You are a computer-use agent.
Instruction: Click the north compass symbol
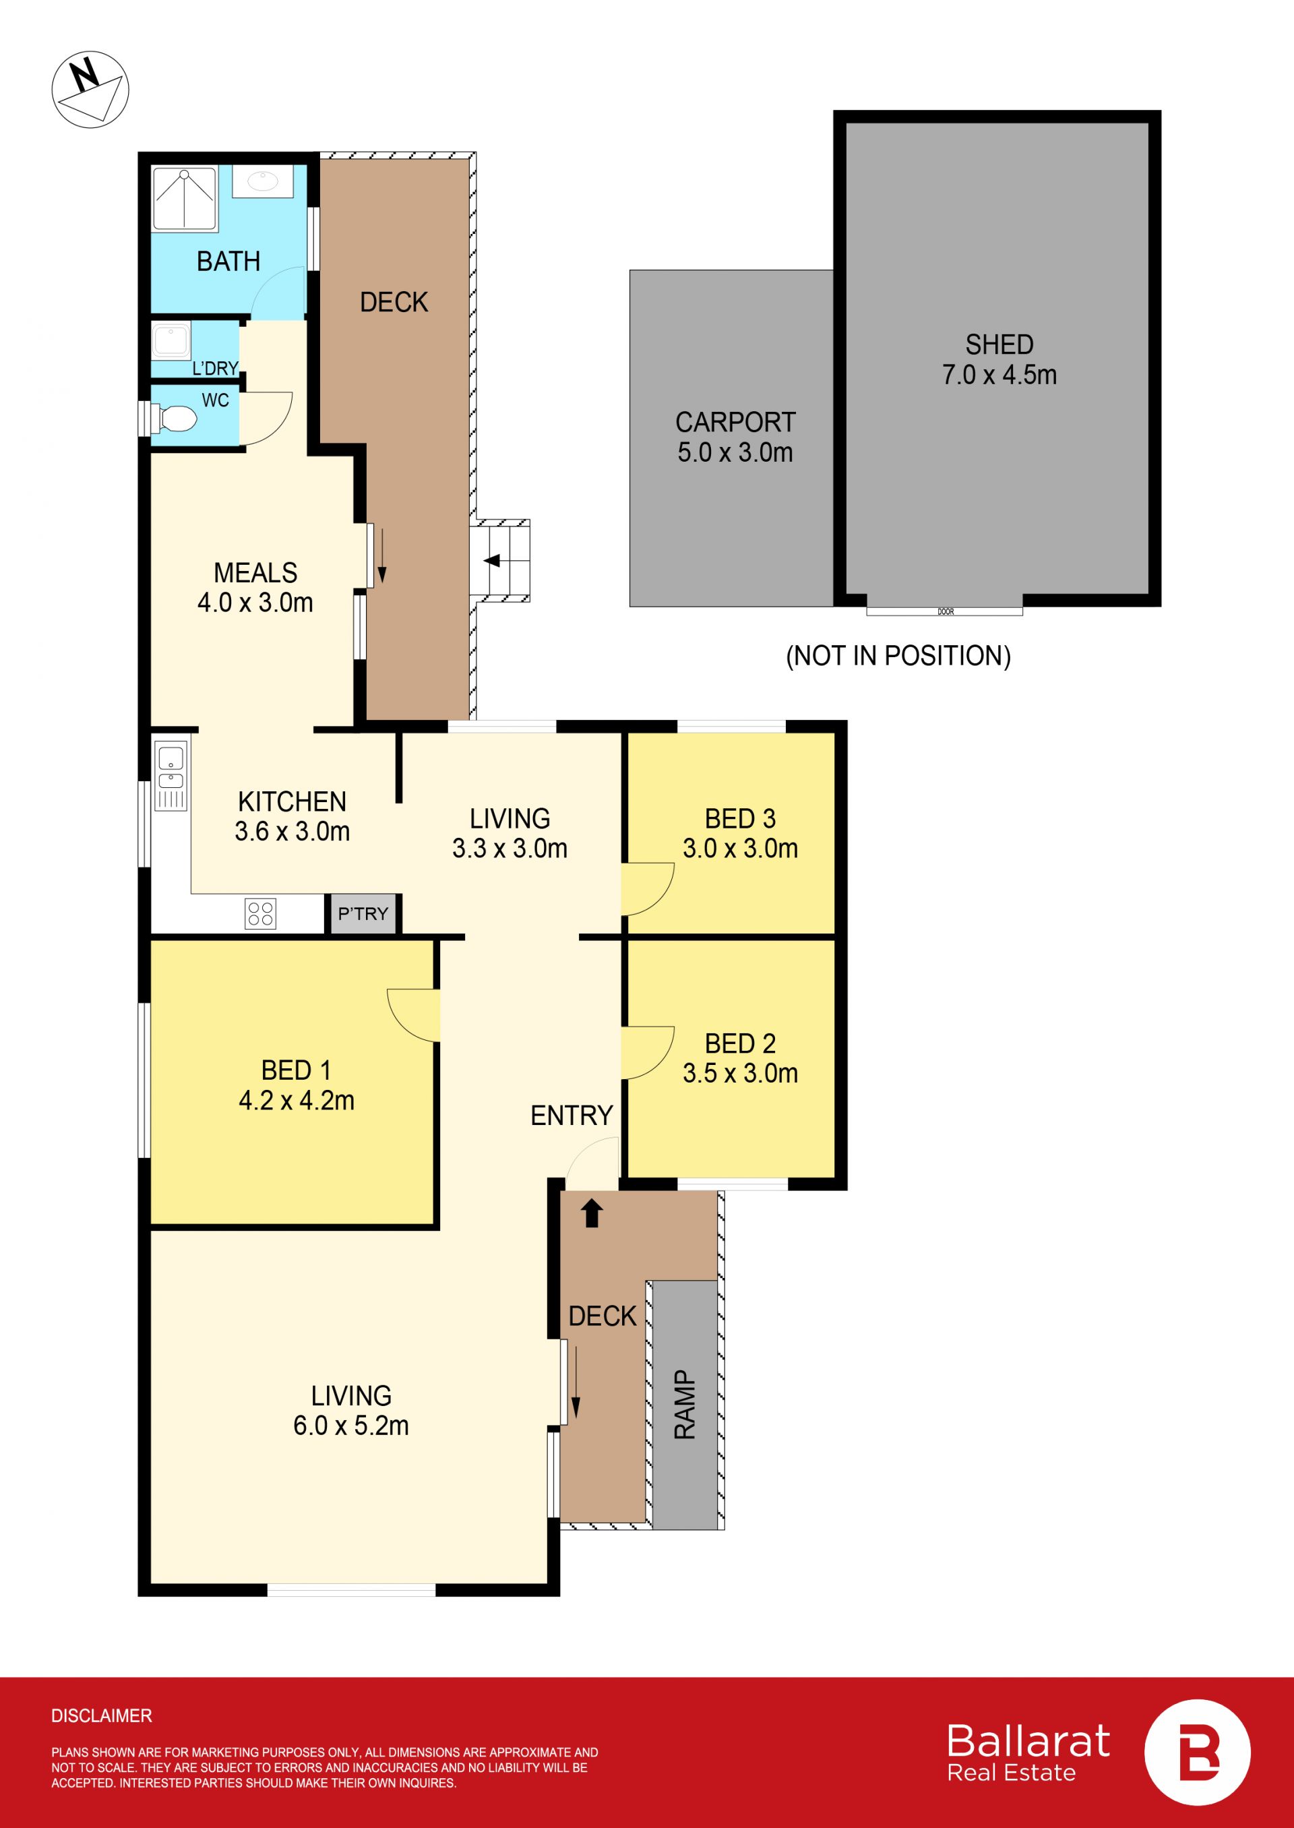[90, 89]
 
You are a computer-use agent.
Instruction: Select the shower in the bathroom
[184, 200]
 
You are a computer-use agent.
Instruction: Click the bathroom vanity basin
[263, 182]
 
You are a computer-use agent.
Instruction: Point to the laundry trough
[171, 340]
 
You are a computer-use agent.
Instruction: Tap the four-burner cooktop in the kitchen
[261, 913]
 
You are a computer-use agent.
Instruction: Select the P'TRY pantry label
[363, 913]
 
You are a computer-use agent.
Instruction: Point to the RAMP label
[685, 1405]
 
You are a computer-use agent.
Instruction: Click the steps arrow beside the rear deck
[493, 560]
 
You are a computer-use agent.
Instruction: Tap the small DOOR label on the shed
[946, 612]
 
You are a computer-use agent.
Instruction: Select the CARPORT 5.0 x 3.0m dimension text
[735, 437]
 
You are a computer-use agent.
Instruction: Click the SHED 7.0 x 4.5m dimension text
[999, 359]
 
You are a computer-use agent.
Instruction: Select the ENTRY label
[572, 1116]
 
